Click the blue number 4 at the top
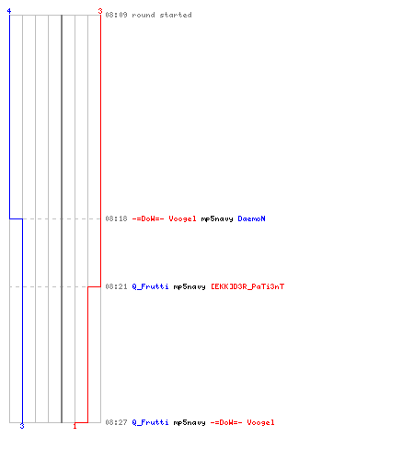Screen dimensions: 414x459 coord(9,11)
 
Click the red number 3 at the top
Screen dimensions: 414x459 coord(100,11)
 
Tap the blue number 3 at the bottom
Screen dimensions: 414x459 coord(22,426)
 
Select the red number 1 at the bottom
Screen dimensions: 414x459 coord(75,426)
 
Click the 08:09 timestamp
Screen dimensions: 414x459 coord(116,15)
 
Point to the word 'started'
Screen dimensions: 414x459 coord(176,15)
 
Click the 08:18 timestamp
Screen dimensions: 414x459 coord(116,218)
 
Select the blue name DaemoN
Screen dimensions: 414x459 coord(251,218)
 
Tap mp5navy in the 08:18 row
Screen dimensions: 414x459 coord(217,219)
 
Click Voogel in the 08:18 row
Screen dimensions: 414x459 coord(182,219)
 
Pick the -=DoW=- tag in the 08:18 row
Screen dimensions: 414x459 coord(148,218)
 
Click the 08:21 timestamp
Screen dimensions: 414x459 coord(116,286)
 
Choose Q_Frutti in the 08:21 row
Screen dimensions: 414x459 coord(150,286)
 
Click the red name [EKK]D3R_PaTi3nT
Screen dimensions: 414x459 coord(247,286)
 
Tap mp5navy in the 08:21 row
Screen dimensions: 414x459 coord(190,287)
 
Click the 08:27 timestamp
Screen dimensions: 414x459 coord(116,422)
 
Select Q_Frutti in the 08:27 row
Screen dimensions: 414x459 coord(150,422)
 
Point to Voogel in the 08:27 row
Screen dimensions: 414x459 coord(260,423)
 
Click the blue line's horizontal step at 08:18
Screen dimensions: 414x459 coord(16,218)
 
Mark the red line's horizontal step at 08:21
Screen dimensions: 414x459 coord(94,286)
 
